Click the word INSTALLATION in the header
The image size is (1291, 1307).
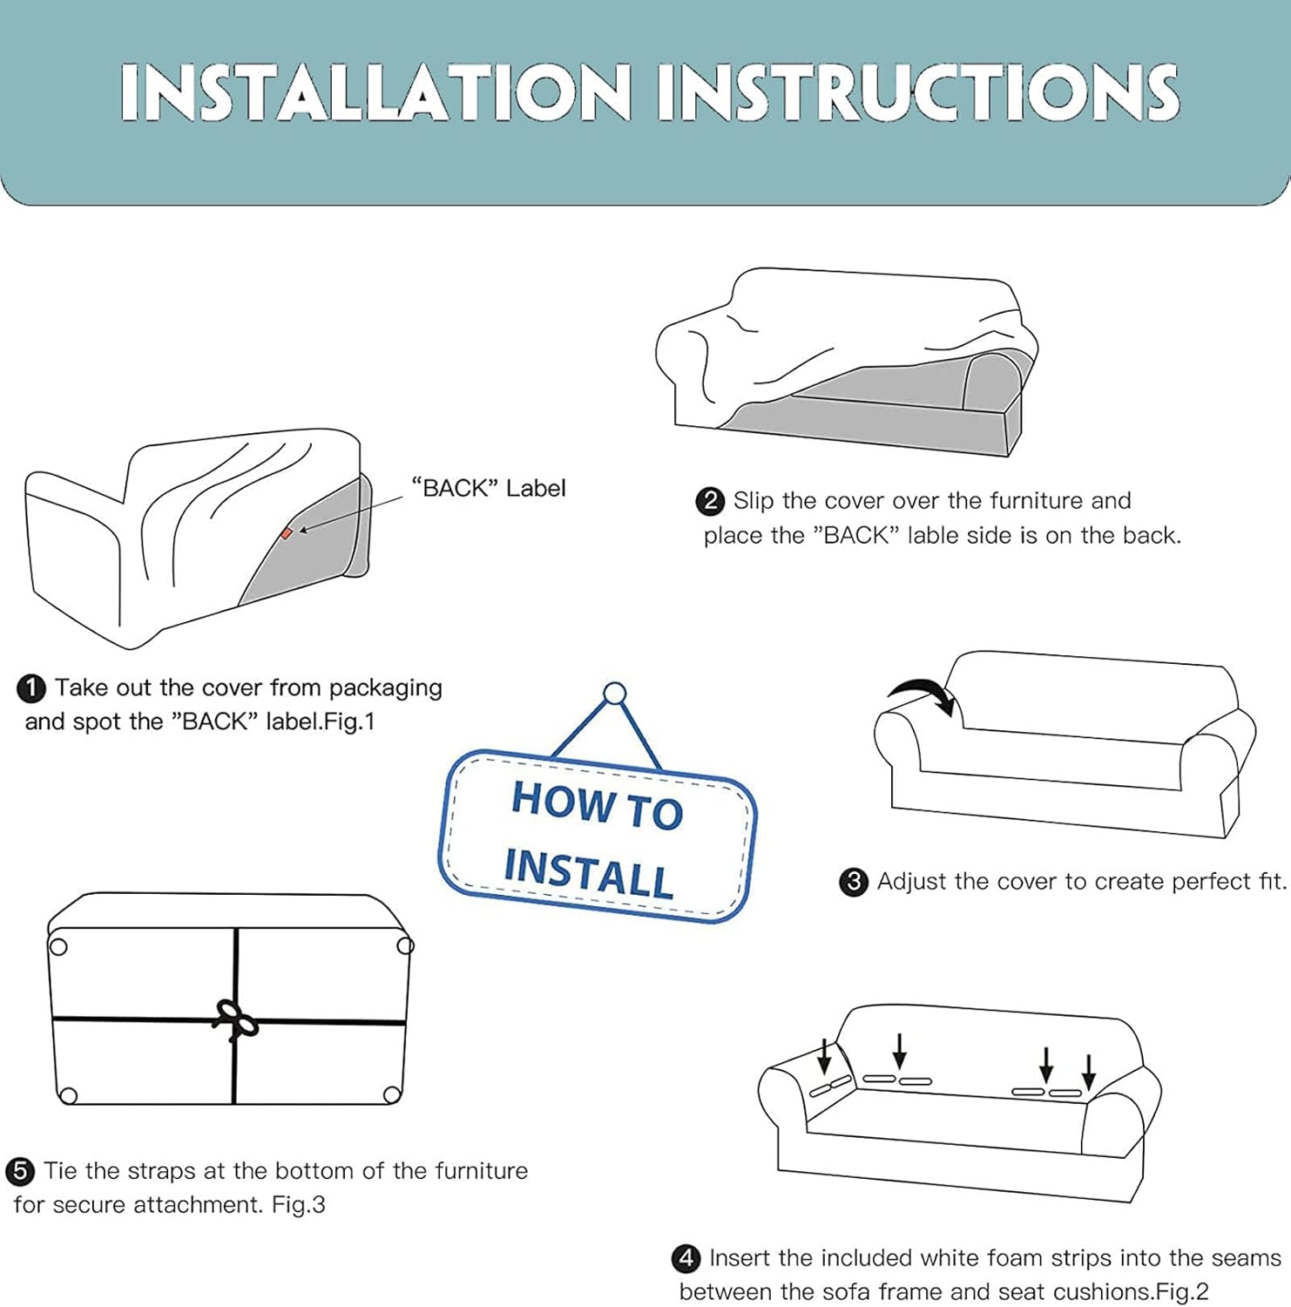click(x=375, y=92)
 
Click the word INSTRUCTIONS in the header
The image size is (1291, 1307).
click(x=918, y=92)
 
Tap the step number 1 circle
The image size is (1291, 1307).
click(x=31, y=688)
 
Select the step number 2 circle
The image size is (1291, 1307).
click(x=710, y=501)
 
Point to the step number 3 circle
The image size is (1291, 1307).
click(x=854, y=882)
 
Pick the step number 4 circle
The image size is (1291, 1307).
click(x=686, y=1258)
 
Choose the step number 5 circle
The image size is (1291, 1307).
click(x=20, y=1171)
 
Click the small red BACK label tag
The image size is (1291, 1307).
click(x=287, y=533)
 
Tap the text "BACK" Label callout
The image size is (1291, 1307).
click(x=489, y=488)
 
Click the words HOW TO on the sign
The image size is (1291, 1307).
click(x=598, y=804)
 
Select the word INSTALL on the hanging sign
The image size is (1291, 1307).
click(x=589, y=873)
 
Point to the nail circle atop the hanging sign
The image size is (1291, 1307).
click(x=615, y=694)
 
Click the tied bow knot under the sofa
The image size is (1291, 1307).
click(x=235, y=1019)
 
